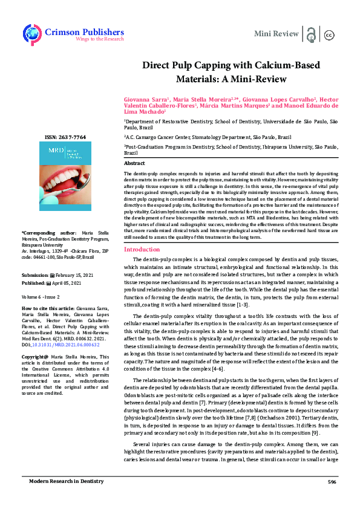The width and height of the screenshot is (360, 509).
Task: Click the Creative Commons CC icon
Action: click(329, 34)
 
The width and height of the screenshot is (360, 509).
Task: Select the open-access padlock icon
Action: click(312, 34)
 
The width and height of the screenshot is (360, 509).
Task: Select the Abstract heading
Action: click(134, 164)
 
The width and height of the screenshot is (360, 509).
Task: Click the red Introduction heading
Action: click(142, 249)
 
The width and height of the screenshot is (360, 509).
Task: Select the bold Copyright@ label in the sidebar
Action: click(34, 357)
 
